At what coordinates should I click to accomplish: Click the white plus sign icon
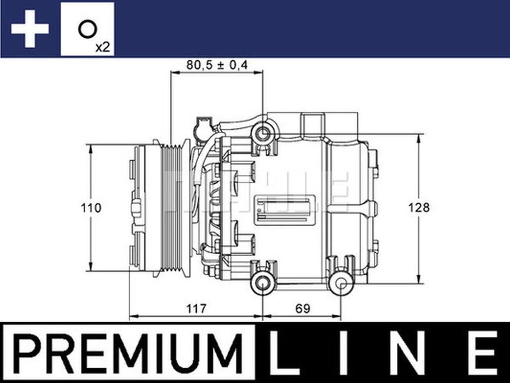point(30,29)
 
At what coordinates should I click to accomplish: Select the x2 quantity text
point(102,47)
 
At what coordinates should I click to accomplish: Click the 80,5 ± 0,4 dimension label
point(217,65)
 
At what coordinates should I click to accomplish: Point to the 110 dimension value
point(91,208)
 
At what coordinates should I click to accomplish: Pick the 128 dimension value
point(419,207)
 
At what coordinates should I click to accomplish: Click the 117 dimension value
point(196,308)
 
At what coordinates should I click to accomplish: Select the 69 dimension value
point(302,308)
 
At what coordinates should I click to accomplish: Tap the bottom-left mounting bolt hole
point(263,284)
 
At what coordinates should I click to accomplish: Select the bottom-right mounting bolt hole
point(341,284)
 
